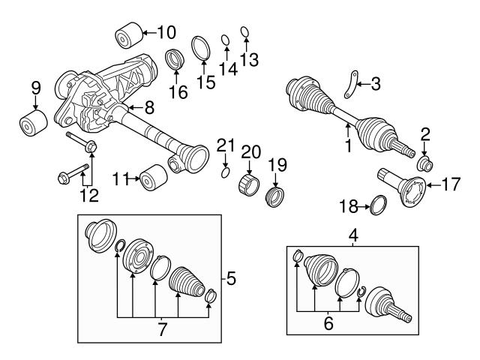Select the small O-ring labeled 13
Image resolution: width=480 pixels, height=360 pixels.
pyautogui.click(x=244, y=31)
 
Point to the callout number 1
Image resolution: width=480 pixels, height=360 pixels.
pyautogui.click(x=347, y=147)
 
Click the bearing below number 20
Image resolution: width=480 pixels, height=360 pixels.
pyautogui.click(x=249, y=184)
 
